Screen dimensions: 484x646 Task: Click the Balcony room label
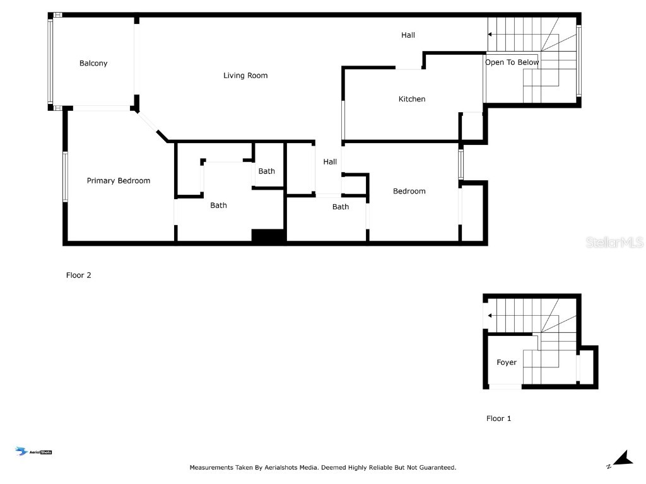pos(93,63)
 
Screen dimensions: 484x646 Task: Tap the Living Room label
pos(245,76)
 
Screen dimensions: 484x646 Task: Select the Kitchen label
pos(412,99)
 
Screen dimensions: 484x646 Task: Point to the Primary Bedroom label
pos(119,181)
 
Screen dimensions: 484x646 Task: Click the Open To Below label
pos(512,62)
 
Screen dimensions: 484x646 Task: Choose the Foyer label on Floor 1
pos(507,362)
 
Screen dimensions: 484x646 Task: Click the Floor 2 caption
pos(79,275)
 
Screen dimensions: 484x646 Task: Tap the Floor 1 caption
pos(499,418)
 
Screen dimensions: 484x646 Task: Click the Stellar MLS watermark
pos(614,242)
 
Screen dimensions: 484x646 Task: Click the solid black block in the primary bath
pos(269,235)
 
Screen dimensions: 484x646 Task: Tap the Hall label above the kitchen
pos(408,35)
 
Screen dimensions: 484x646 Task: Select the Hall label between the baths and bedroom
pos(330,162)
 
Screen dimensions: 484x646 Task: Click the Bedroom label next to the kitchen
pos(409,191)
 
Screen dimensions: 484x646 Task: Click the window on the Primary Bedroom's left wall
pos(64,176)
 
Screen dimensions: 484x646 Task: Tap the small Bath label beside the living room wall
pos(266,171)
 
